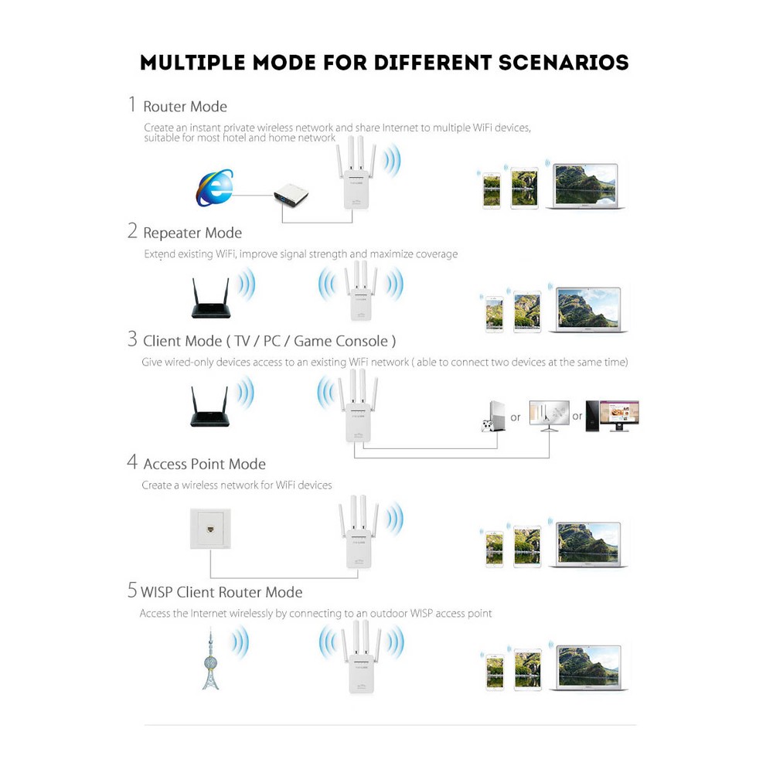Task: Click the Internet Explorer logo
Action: pyautogui.click(x=214, y=189)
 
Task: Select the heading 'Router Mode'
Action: pyautogui.click(x=185, y=107)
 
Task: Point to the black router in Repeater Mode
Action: pyautogui.click(x=213, y=300)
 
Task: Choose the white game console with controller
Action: pyautogui.click(x=490, y=416)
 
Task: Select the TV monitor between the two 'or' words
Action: pyautogui.click(x=549, y=416)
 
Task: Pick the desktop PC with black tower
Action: pyautogui.click(x=611, y=415)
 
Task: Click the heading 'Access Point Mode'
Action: pyautogui.click(x=204, y=464)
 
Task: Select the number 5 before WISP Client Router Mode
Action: pyautogui.click(x=132, y=591)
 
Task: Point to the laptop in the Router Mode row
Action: pyautogui.click(x=586, y=186)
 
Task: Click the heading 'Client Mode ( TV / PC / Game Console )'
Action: pyautogui.click(x=270, y=341)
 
